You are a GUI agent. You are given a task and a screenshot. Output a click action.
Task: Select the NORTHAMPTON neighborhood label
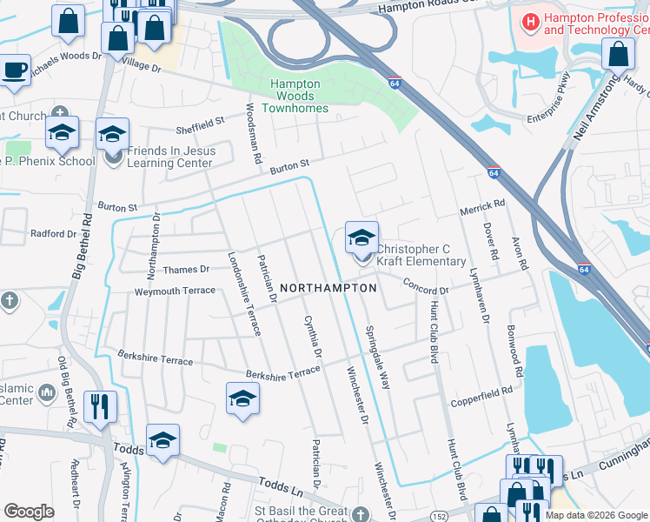tap(328, 287)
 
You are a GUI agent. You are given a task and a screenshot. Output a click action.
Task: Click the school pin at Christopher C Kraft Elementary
tap(361, 237)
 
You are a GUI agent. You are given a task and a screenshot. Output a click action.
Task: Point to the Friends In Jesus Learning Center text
tap(170, 157)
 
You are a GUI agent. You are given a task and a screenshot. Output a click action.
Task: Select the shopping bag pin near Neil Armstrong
tap(618, 54)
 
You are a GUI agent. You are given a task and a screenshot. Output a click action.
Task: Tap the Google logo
tap(29, 512)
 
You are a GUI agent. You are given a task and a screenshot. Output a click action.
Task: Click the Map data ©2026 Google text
tap(596, 515)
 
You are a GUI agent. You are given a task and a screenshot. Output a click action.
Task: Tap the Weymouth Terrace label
tap(174, 291)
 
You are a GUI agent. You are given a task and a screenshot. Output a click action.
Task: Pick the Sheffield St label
tap(199, 124)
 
